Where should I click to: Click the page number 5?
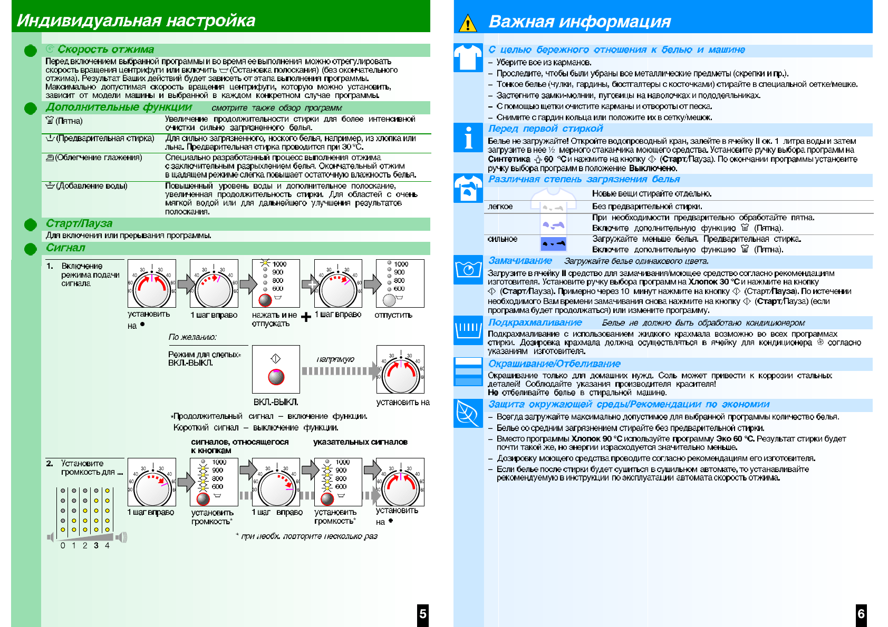coord(422,614)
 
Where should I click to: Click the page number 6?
coord(861,614)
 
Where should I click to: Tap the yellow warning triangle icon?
coord(468,24)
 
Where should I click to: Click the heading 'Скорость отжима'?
coord(105,50)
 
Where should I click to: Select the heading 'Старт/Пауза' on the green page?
coord(79,223)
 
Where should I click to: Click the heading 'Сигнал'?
coord(65,248)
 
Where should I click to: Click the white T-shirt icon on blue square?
coord(468,57)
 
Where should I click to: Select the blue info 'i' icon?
coord(468,139)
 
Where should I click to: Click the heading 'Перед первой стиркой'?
coord(545,129)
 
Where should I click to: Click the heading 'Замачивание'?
coord(520,261)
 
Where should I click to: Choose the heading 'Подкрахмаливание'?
coord(535,322)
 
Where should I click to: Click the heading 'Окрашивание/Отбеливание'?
coord(554,364)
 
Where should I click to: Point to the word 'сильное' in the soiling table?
coord(503,239)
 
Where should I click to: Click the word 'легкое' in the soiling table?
coord(500,207)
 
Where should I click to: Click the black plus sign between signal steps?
coord(306,317)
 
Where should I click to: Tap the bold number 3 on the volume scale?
coord(96,546)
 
